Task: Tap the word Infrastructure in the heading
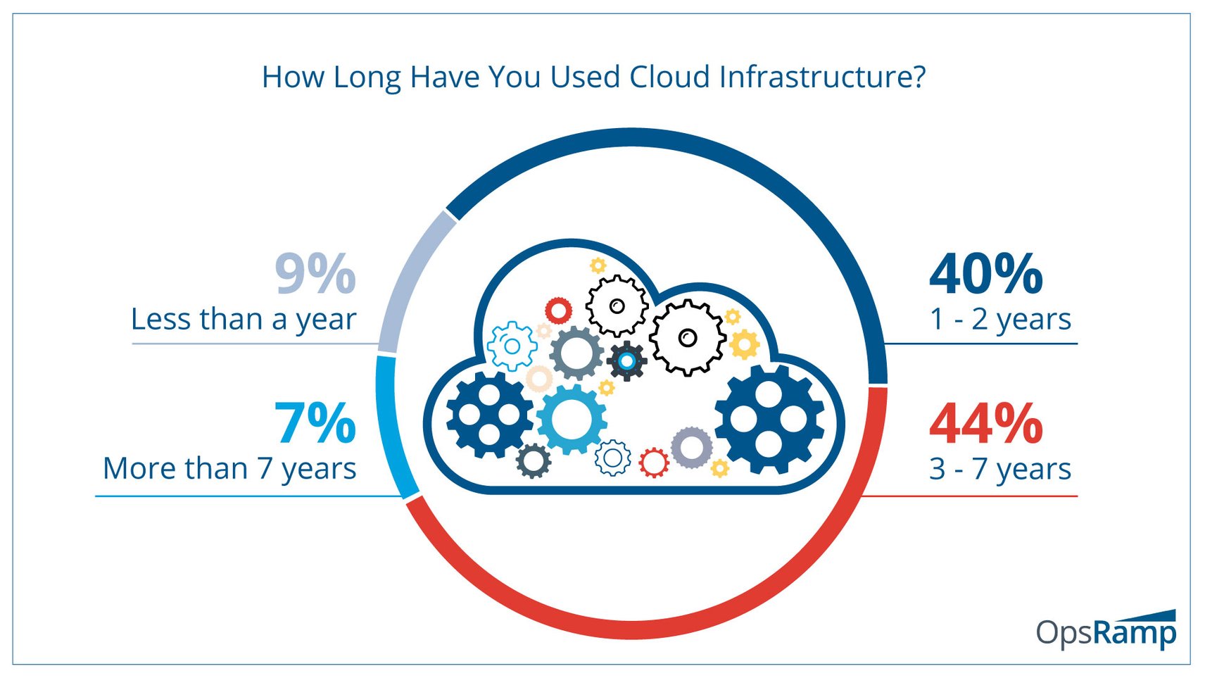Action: [822, 77]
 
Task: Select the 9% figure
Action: [315, 275]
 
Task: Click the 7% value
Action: [315, 424]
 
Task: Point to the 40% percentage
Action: [985, 275]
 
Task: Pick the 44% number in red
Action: [985, 424]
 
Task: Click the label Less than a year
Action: [244, 320]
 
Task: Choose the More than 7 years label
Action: [229, 469]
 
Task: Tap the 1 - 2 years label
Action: [1000, 319]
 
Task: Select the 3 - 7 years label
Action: [1000, 469]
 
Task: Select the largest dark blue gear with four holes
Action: [769, 420]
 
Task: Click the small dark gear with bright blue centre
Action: [626, 361]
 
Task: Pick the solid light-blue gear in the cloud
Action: [572, 420]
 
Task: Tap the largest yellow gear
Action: [745, 344]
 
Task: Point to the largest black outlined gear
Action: [687, 338]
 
